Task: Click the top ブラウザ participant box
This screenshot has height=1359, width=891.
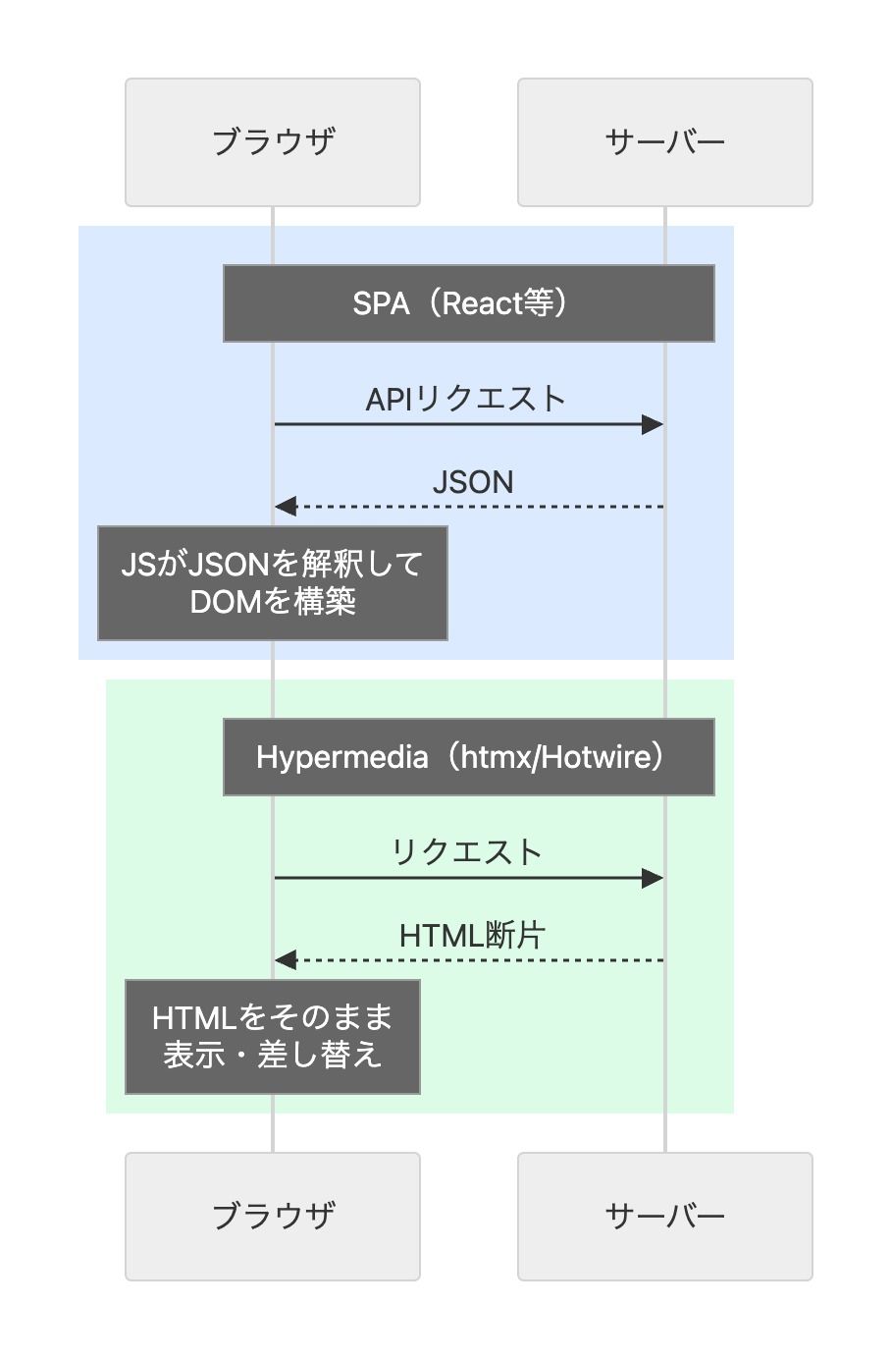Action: (273, 142)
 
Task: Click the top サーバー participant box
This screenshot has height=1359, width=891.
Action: (664, 142)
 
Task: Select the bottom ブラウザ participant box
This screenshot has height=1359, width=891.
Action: (273, 1217)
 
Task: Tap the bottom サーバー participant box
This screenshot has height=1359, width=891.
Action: (664, 1217)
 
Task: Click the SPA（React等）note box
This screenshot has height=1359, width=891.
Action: (468, 303)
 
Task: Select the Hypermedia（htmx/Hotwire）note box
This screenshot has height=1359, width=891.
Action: (468, 757)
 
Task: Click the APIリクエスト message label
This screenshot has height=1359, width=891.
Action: (465, 399)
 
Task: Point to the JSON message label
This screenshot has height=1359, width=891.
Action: (473, 482)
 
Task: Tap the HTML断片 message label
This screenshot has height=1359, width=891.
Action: (471, 936)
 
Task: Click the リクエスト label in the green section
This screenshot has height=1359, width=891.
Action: (467, 852)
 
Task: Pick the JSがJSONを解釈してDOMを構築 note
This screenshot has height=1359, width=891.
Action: (272, 583)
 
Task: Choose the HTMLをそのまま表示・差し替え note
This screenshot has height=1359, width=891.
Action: (272, 1037)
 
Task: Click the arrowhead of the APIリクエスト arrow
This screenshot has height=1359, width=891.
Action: (653, 424)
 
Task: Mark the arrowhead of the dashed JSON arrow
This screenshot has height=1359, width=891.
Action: (286, 507)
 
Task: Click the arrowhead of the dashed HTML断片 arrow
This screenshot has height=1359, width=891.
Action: (286, 960)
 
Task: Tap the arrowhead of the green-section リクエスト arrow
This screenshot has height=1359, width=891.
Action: (653, 878)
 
